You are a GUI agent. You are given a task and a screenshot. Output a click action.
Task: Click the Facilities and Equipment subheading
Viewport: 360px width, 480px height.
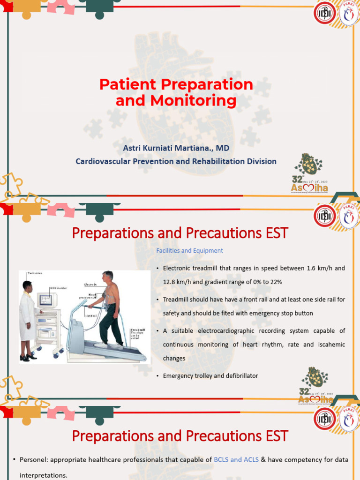pyautogui.click(x=189, y=251)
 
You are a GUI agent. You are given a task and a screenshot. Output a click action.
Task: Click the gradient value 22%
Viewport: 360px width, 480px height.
pyautogui.click(x=275, y=282)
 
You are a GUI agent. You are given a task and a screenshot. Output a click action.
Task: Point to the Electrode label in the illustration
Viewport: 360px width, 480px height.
pyautogui.click(x=90, y=285)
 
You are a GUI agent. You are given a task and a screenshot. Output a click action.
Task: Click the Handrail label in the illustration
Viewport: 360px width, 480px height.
pyautogui.click(x=91, y=316)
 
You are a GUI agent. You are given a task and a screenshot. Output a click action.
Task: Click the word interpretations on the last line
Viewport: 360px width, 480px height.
pyautogui.click(x=43, y=475)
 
